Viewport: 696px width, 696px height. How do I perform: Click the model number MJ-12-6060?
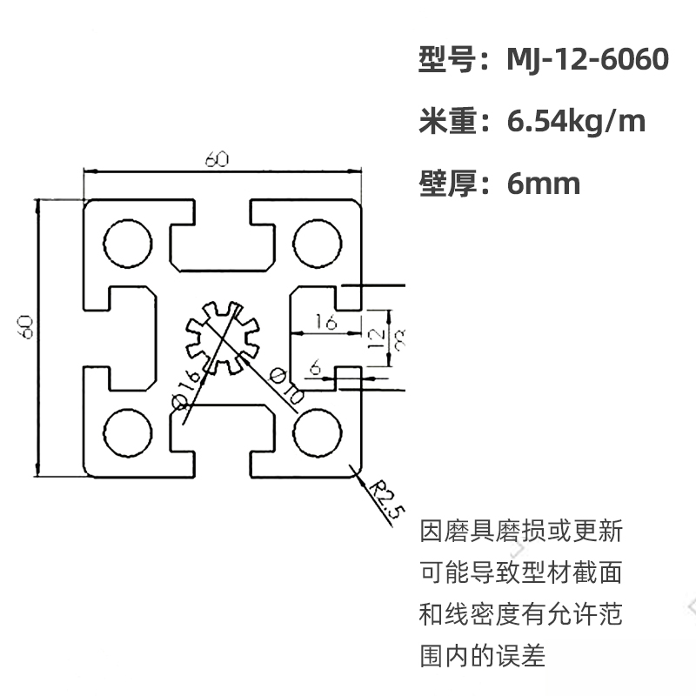[588, 59]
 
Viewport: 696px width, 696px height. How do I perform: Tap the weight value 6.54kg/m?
[576, 121]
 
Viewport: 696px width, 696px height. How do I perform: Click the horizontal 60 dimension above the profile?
[217, 160]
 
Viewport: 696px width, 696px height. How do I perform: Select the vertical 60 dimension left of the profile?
[25, 327]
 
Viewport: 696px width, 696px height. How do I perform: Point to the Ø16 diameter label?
[188, 388]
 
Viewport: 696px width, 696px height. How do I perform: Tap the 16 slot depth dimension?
[326, 322]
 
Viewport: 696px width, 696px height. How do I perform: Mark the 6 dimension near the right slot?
[315, 369]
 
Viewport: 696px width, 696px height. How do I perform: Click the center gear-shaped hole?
[222, 335]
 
